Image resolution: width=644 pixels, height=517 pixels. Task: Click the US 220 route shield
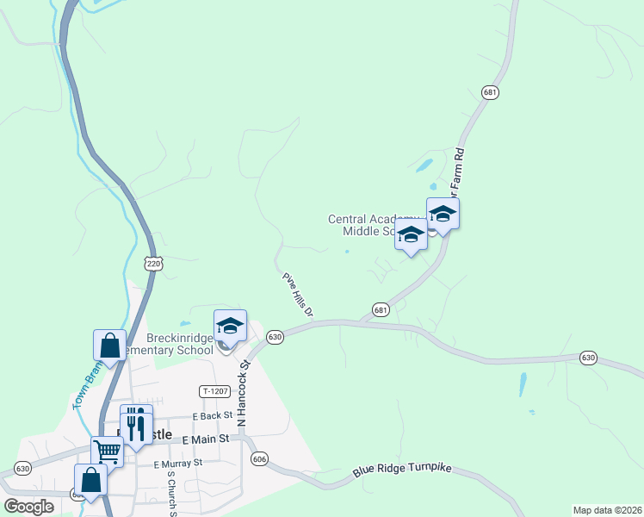tap(153, 265)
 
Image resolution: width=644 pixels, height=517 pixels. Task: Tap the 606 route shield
tap(259, 459)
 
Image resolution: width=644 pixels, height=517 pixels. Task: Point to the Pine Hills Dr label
tap(297, 296)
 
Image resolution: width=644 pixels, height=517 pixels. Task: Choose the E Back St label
tap(213, 415)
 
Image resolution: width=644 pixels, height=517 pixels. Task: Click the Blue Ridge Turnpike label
tap(402, 472)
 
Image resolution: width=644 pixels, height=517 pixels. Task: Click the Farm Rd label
tap(459, 165)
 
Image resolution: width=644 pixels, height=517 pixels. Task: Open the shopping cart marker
tap(108, 450)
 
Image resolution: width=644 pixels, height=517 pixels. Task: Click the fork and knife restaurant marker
tap(136, 424)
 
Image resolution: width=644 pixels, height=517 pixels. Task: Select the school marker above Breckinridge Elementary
tap(230, 325)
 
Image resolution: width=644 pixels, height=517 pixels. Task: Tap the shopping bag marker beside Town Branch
tap(110, 345)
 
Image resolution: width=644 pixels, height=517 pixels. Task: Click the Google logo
tap(28, 507)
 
